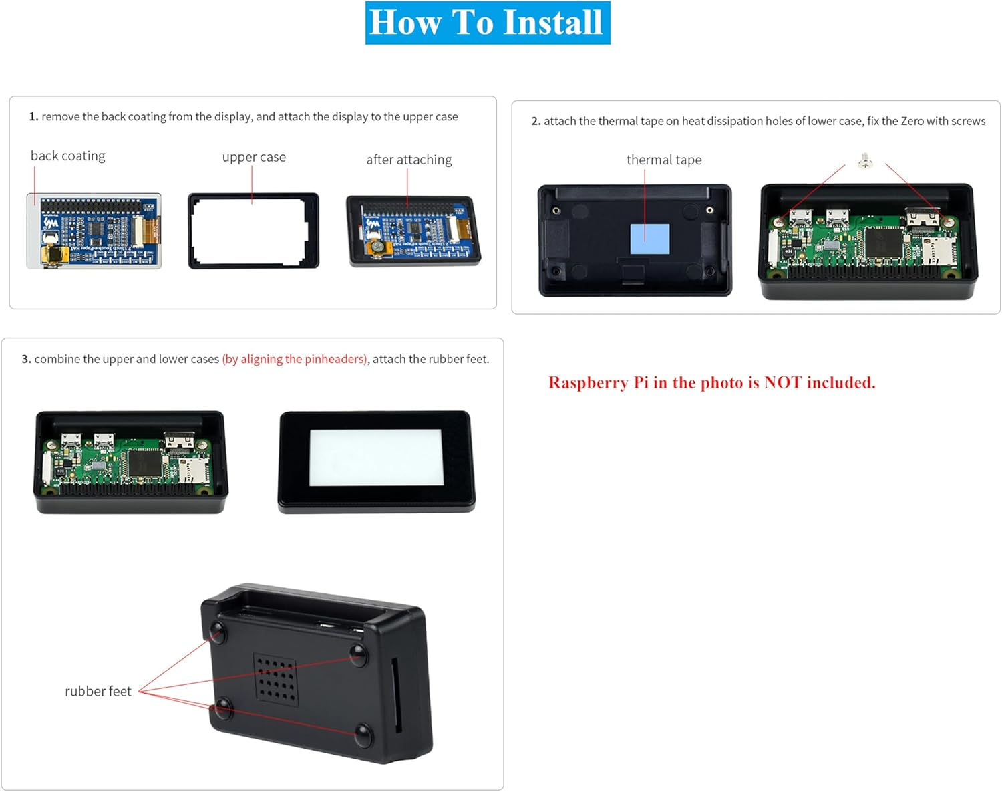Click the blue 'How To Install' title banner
487,23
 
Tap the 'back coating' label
67,156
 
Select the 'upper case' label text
254,157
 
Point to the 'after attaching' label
409,160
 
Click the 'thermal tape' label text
664,160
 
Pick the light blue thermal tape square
649,239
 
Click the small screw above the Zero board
865,161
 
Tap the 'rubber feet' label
98,691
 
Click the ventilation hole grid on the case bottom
276,678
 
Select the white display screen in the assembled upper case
375,457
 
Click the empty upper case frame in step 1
253,231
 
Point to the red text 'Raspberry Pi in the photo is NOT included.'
711,382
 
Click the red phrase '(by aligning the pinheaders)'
295,359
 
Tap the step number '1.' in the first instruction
33,116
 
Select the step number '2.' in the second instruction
536,121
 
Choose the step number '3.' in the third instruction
26,359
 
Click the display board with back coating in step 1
94,231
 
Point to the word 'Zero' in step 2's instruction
912,121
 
